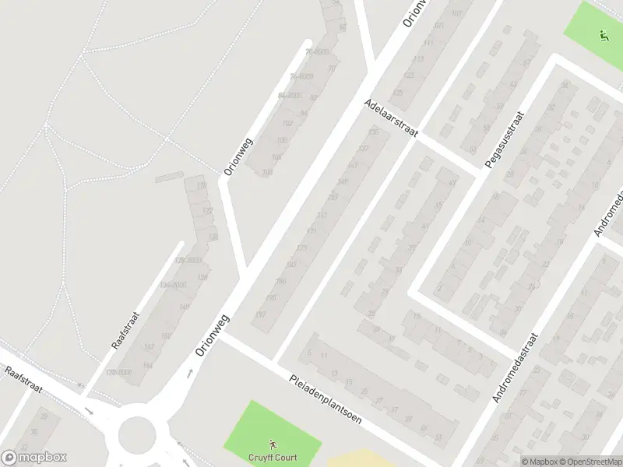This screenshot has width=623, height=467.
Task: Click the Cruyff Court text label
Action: (x=272, y=457)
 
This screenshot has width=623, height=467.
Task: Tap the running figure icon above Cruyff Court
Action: (x=273, y=444)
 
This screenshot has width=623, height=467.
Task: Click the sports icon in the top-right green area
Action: (x=602, y=34)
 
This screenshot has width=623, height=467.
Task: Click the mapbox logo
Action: (x=34, y=458)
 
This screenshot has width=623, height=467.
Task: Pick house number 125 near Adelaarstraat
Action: (x=399, y=93)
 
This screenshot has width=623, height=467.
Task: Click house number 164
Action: (x=147, y=365)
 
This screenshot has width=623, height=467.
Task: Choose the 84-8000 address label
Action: (x=289, y=95)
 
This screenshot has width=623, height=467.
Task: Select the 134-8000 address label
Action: (x=174, y=285)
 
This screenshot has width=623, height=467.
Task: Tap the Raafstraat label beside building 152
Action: (x=125, y=330)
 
